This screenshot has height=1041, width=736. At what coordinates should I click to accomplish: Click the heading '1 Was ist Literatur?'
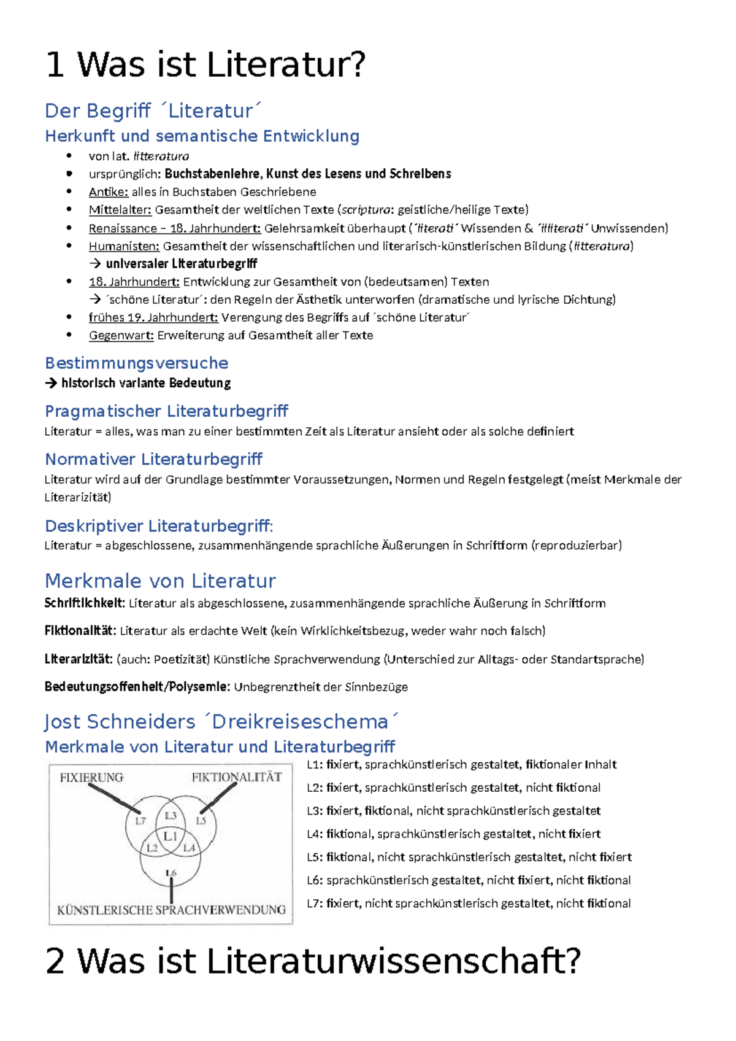tap(205, 64)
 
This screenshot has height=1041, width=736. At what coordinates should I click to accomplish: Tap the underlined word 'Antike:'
tap(108, 192)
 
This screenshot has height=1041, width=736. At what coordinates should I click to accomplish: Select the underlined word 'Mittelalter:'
tap(120, 210)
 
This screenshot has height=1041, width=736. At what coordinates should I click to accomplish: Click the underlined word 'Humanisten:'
tap(124, 246)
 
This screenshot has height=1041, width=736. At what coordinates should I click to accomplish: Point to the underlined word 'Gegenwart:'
tap(121, 336)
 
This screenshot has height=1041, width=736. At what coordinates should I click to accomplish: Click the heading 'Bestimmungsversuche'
tap(136, 363)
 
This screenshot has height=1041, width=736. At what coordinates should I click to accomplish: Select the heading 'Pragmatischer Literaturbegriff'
tap(166, 411)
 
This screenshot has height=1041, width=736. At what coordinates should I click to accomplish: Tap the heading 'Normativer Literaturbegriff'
tap(153, 459)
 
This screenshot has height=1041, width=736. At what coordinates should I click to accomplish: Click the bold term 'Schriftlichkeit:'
tap(84, 603)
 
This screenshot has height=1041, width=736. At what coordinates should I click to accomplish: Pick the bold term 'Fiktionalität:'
tap(80, 631)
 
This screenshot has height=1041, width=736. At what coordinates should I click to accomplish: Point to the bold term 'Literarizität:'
tap(78, 659)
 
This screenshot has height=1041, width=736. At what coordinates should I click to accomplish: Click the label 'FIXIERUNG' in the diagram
tap(91, 777)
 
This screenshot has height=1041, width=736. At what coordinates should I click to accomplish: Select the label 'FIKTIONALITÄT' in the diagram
tap(236, 777)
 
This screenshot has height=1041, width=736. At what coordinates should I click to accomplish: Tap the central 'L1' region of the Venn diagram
tap(171, 836)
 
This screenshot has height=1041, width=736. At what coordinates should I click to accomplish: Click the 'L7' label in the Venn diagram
tap(140, 821)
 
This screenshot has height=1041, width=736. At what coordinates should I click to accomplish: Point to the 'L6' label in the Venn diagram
tap(171, 872)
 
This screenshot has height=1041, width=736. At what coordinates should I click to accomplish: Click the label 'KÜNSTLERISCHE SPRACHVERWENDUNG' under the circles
tap(171, 910)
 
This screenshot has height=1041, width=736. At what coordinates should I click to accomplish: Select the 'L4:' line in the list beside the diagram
tap(453, 834)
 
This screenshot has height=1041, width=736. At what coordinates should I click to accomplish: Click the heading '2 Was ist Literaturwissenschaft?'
tap(313, 961)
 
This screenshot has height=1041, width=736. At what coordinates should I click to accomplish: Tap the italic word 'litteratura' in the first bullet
tap(161, 157)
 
